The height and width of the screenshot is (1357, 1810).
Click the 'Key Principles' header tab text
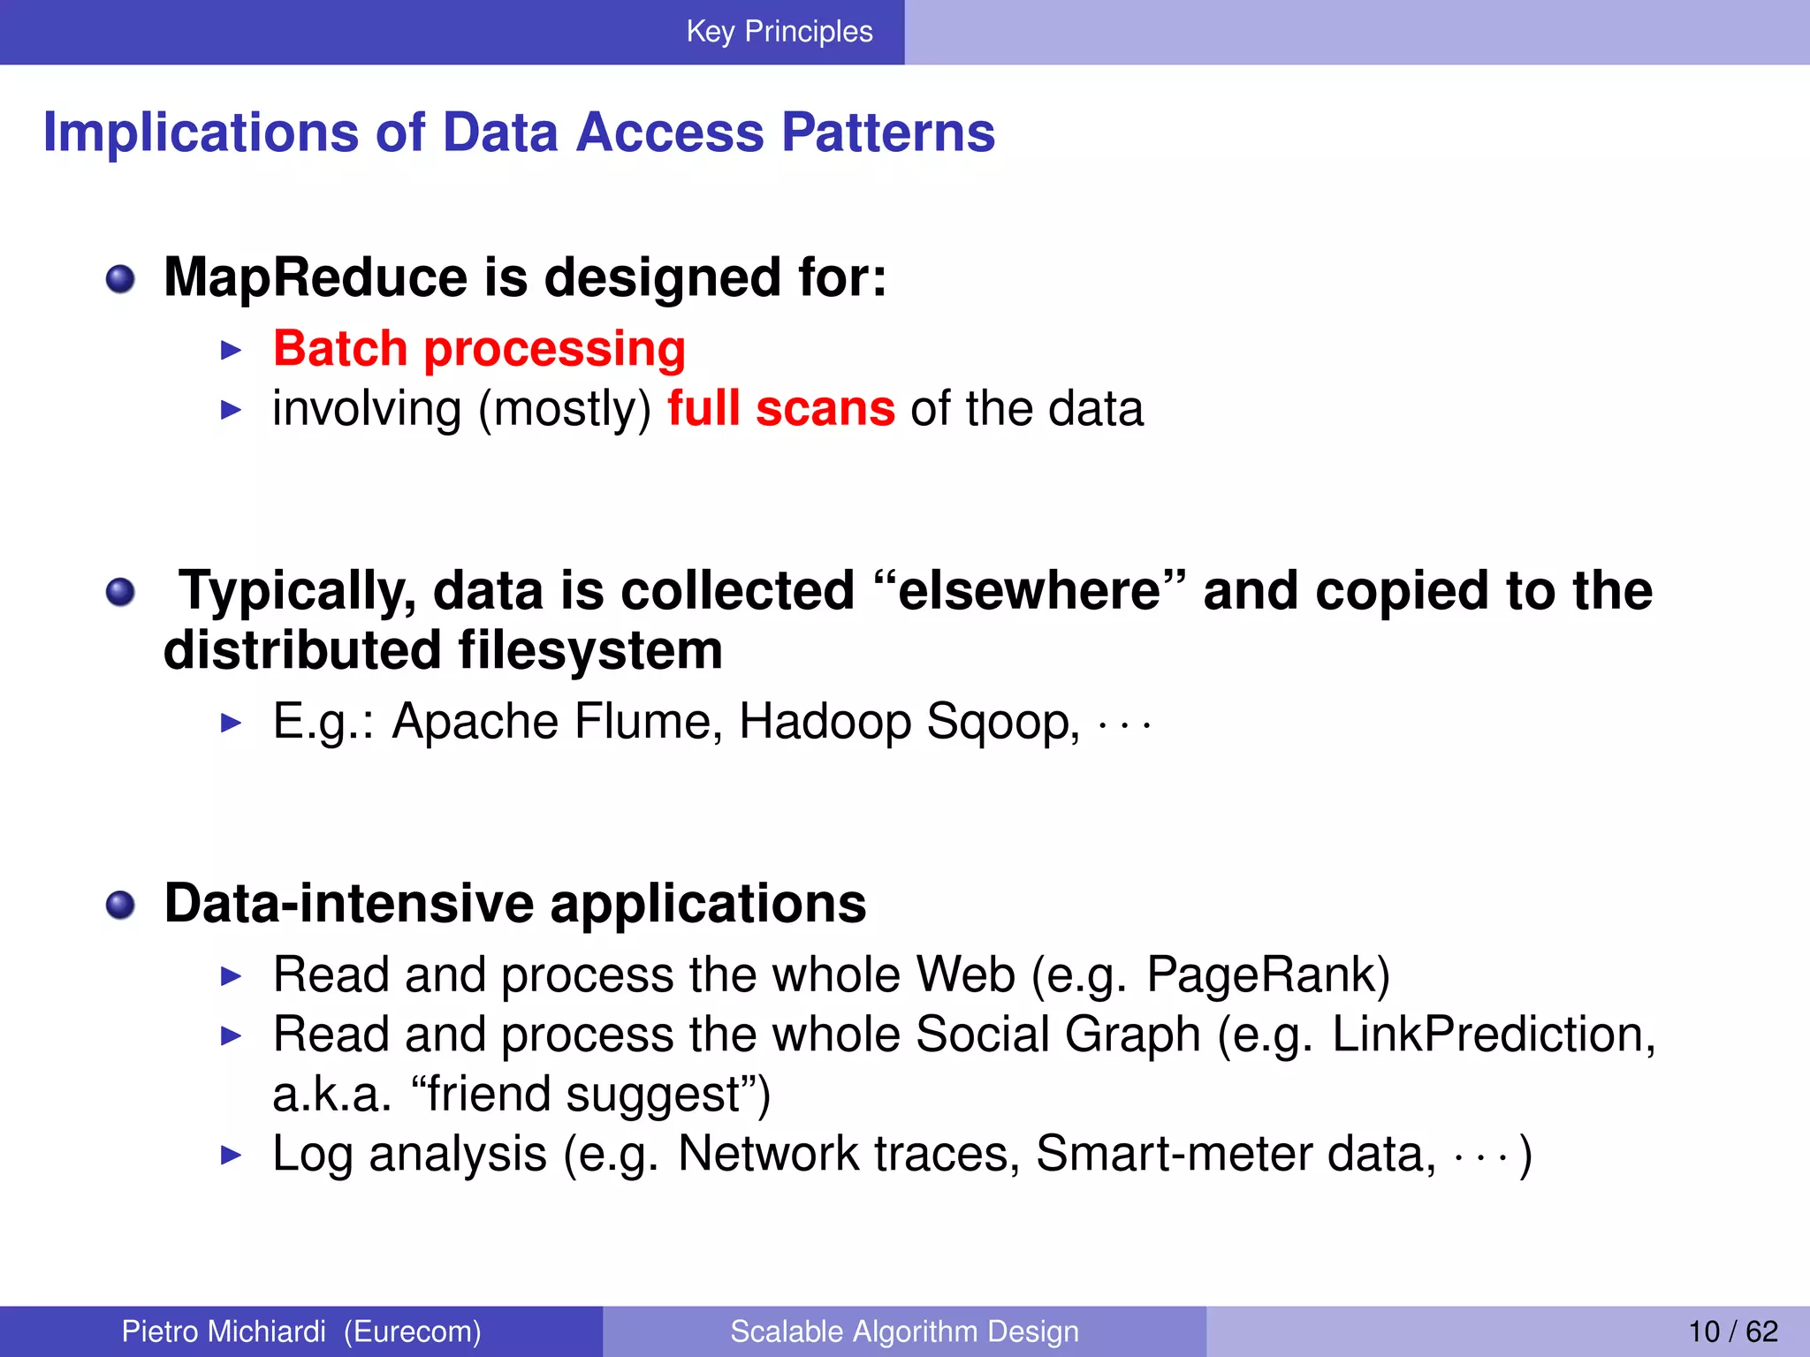pos(779,32)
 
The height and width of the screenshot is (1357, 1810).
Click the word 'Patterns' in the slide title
pos(888,133)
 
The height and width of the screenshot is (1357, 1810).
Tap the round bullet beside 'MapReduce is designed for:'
pos(120,280)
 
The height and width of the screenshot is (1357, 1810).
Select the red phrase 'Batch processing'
pos(479,349)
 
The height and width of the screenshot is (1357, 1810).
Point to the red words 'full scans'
pos(780,409)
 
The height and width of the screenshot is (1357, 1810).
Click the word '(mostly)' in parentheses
pos(565,410)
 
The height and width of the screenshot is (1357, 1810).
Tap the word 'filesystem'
pos(590,651)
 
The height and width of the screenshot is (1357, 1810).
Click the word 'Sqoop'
pos(1002,723)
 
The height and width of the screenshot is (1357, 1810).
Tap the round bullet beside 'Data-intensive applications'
pos(120,906)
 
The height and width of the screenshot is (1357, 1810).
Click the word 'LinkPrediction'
pos(1486,1035)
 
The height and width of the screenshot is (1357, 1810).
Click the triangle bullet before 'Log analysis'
pos(231,1155)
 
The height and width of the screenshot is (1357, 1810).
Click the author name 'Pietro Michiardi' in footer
pos(224,1331)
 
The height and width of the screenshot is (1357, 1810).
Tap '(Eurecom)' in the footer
pos(412,1331)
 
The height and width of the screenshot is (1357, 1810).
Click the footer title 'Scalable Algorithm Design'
pos(904,1331)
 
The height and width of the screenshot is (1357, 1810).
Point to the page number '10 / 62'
pos(1732,1331)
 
